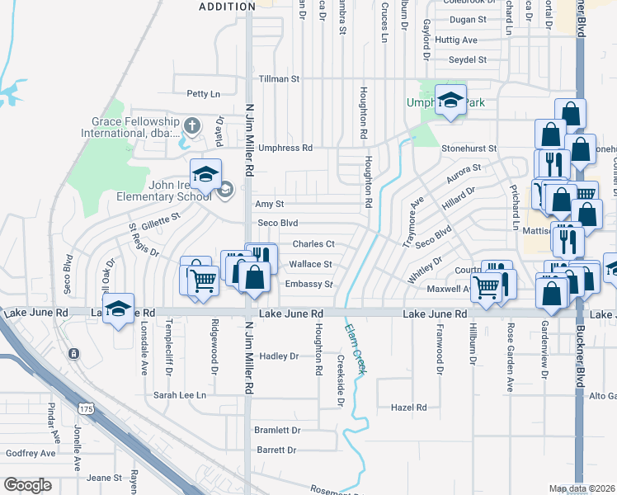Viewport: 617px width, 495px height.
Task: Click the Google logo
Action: pyautogui.click(x=28, y=485)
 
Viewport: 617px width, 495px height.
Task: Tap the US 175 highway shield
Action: pyautogui.click(x=86, y=408)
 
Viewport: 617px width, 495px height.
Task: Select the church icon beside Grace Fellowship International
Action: pyautogui.click(x=191, y=126)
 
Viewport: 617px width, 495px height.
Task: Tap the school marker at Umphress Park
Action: pyautogui.click(x=450, y=101)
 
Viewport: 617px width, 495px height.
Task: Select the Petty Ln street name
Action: pyautogui.click(x=204, y=94)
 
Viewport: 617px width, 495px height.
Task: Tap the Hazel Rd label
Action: pyautogui.click(x=409, y=408)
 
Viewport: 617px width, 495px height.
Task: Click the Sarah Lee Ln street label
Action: pyautogui.click(x=180, y=395)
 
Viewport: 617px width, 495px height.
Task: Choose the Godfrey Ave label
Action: pyautogui.click(x=31, y=453)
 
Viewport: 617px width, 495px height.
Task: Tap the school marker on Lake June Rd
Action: pyautogui.click(x=119, y=310)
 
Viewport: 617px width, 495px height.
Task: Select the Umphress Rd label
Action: pyautogui.click(x=285, y=148)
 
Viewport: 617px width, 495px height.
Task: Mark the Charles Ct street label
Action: pyautogui.click(x=313, y=244)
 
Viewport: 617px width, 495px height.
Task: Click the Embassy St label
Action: pyautogui.click(x=308, y=285)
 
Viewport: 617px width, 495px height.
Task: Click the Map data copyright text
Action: pyautogui.click(x=582, y=488)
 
